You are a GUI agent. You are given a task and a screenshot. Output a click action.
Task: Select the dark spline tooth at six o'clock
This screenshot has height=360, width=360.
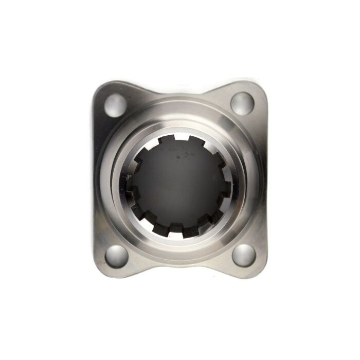[x=178, y=227]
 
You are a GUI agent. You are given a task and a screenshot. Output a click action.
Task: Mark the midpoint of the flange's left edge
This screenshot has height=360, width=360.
[x=95, y=180]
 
